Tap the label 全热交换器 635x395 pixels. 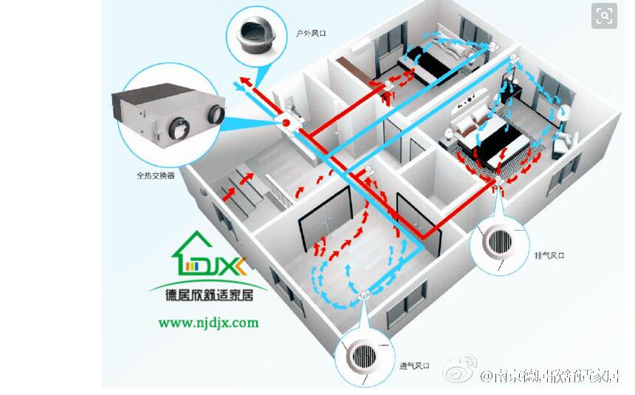click(x=156, y=176)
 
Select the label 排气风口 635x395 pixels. click(x=549, y=254)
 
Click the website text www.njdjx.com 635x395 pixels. click(x=208, y=323)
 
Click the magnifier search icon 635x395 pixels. click(x=604, y=16)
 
